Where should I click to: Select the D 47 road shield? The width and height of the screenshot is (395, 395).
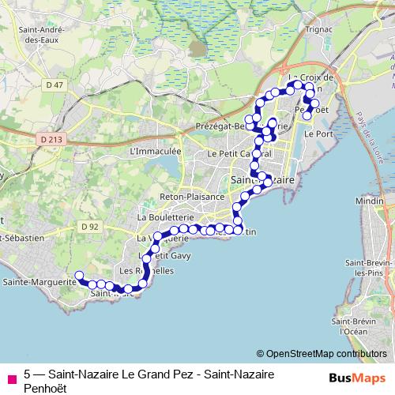(x=55, y=85)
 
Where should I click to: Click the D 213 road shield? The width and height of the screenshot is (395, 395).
(x=50, y=139)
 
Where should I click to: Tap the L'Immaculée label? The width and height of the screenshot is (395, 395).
(x=155, y=150)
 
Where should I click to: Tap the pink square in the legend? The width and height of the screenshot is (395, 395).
(x=11, y=378)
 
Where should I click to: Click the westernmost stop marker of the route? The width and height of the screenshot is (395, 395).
(x=78, y=276)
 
